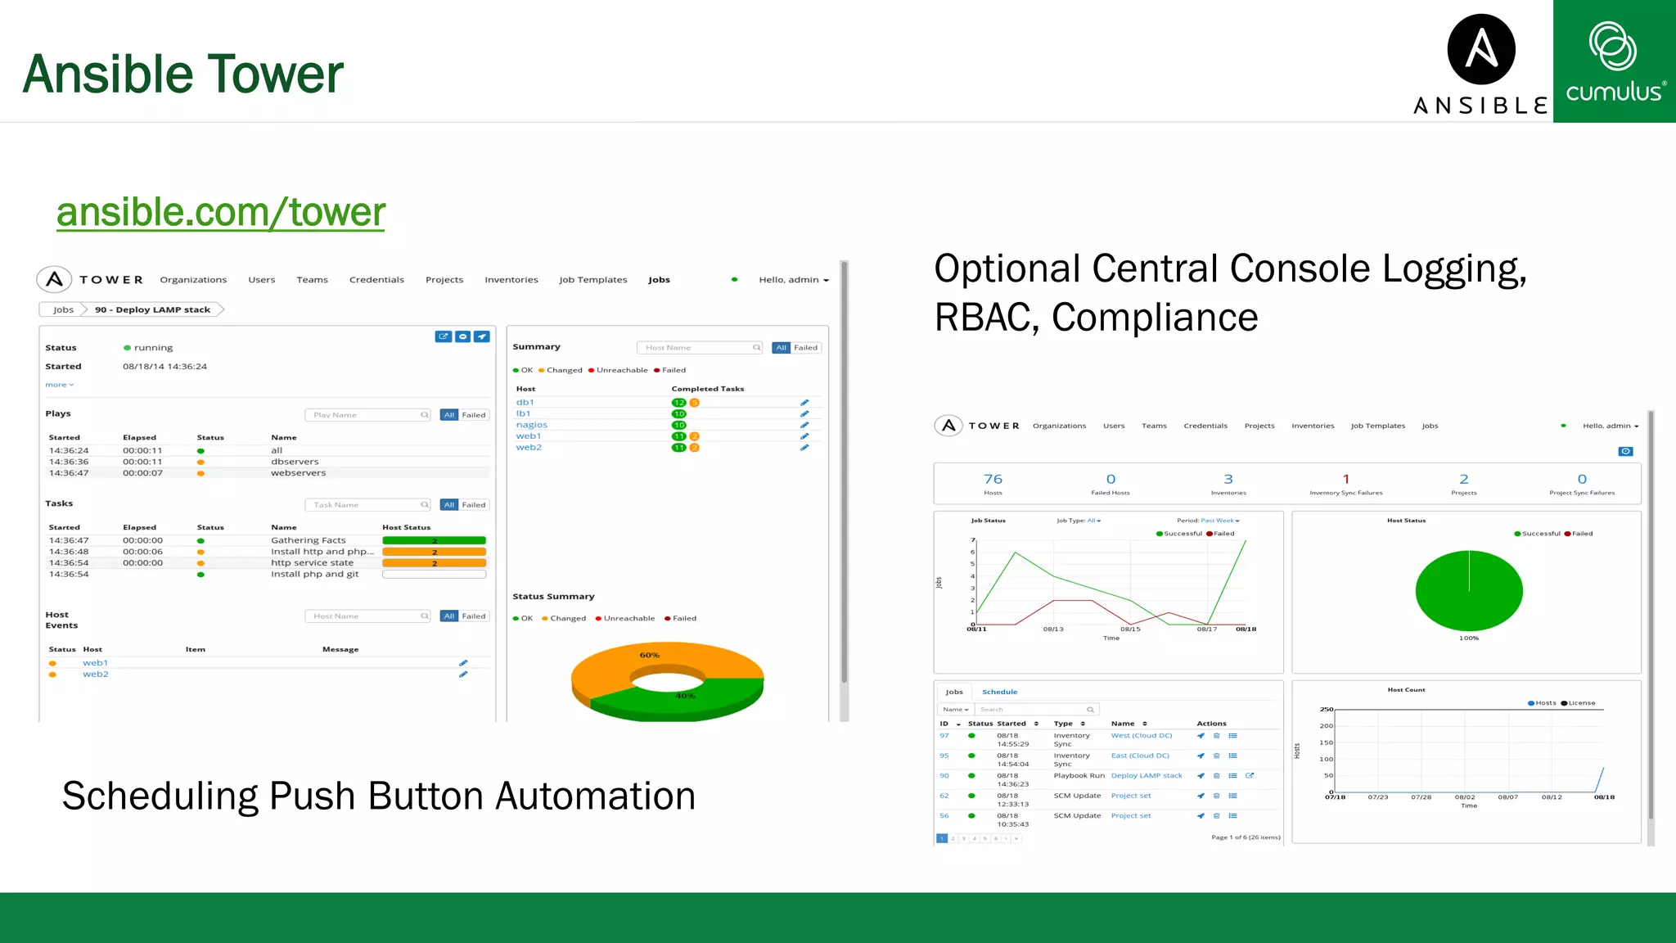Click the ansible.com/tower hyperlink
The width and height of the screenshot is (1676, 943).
(x=220, y=212)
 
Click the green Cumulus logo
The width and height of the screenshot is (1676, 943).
(x=1614, y=61)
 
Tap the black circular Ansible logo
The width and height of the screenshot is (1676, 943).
(x=1480, y=49)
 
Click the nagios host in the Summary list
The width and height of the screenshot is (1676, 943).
(x=531, y=425)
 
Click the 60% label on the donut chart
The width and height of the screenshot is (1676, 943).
(x=649, y=655)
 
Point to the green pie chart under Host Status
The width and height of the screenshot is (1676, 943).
(x=1468, y=590)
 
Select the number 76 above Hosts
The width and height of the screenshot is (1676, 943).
(x=993, y=479)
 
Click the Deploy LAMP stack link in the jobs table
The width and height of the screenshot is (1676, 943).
(x=1146, y=775)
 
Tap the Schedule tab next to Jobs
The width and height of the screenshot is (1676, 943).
(x=999, y=692)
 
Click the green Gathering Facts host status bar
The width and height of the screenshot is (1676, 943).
(x=434, y=540)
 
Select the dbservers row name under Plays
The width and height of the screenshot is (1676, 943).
(x=295, y=462)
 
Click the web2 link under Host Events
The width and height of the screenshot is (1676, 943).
(x=95, y=675)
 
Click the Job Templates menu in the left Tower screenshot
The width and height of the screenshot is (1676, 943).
(x=592, y=280)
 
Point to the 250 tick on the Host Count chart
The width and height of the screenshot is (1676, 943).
(x=1326, y=709)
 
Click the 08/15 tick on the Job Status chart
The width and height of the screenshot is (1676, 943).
(x=1129, y=629)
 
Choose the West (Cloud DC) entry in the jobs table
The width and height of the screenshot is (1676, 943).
(x=1141, y=735)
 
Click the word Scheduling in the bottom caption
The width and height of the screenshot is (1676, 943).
(x=160, y=796)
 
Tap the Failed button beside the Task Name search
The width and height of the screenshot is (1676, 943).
(x=474, y=505)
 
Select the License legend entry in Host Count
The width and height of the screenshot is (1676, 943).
(x=1581, y=703)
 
